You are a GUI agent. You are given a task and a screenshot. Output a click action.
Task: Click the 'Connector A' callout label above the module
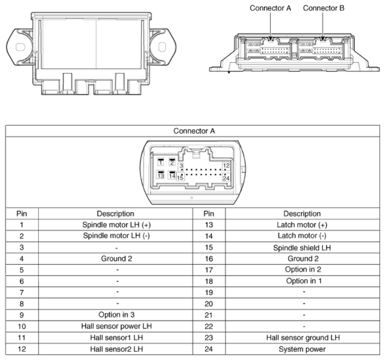click(270, 8)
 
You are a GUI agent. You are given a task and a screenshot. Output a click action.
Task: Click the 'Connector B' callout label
click(324, 8)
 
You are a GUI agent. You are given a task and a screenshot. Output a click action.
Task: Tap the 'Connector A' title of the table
click(194, 131)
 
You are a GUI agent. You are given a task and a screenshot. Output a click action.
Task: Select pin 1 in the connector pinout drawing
click(161, 162)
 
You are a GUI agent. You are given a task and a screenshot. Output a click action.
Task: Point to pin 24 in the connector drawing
click(226, 178)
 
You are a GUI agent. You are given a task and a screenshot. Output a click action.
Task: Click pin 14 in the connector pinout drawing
click(172, 175)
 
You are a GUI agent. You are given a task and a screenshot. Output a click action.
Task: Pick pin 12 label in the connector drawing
click(226, 166)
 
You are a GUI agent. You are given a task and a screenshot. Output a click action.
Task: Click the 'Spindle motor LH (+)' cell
click(116, 225)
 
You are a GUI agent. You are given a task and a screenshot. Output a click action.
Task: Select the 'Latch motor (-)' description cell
click(302, 236)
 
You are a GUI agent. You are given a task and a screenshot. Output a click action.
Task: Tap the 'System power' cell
click(302, 349)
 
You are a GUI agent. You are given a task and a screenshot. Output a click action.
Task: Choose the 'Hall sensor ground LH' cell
click(303, 338)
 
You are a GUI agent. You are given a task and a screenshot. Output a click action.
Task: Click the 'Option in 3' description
click(116, 315)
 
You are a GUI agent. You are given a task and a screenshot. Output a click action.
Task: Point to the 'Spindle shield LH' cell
click(302, 247)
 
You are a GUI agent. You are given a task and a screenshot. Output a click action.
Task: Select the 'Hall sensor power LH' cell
click(116, 326)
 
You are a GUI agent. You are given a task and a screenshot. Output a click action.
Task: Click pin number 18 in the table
click(208, 281)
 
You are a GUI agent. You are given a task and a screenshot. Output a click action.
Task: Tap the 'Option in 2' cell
click(303, 270)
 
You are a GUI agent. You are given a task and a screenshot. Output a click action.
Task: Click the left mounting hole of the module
click(20, 47)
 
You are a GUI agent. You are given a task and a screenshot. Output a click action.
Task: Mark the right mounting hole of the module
click(162, 47)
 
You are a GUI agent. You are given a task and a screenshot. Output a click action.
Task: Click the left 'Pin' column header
click(22, 214)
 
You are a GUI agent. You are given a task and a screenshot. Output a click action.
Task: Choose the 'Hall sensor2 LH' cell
click(116, 349)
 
